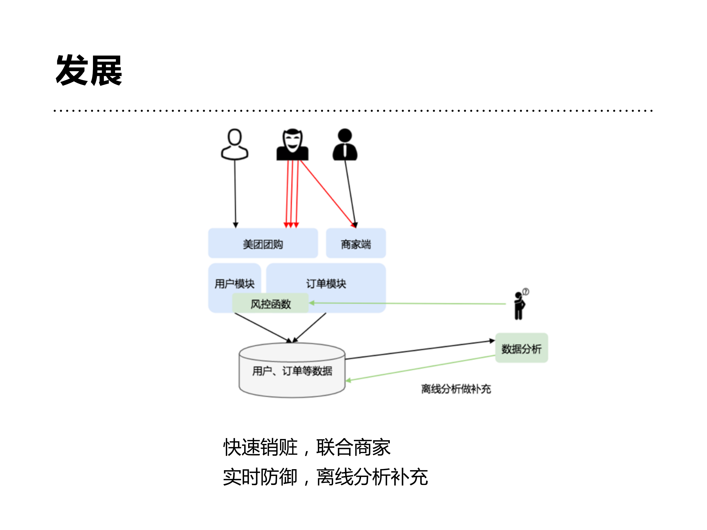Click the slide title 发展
pyautogui.click(x=89, y=70)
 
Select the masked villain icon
pyautogui.click(x=292, y=145)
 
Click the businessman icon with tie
pyautogui.click(x=345, y=145)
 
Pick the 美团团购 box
pyautogui.click(x=263, y=243)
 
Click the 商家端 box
pyautogui.click(x=356, y=243)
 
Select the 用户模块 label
pyautogui.click(x=234, y=283)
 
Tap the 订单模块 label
pyautogui.click(x=326, y=283)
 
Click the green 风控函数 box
pyautogui.click(x=270, y=303)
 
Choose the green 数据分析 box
pyautogui.click(x=521, y=348)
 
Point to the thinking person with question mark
pyautogui.click(x=520, y=306)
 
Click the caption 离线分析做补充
pyautogui.click(x=456, y=389)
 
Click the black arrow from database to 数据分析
pyautogui.click(x=419, y=350)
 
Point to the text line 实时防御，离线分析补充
pyautogui.click(x=325, y=477)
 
